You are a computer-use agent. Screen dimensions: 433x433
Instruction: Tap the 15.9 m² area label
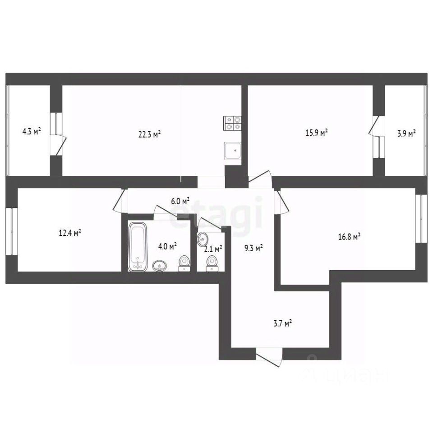click(x=317, y=133)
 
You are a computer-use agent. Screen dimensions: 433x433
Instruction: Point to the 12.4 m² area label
click(x=70, y=233)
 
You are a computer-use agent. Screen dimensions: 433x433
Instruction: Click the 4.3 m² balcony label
click(x=32, y=132)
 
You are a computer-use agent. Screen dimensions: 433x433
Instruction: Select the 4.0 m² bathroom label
click(x=167, y=246)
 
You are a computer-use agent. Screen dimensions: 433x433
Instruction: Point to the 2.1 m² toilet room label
click(x=213, y=249)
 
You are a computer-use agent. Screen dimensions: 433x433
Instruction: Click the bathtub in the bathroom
click(x=138, y=246)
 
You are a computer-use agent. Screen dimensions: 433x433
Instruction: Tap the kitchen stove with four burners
click(x=232, y=123)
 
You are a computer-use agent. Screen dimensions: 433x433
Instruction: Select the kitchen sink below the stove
click(x=233, y=150)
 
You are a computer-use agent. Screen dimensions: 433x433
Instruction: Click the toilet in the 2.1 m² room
click(x=211, y=263)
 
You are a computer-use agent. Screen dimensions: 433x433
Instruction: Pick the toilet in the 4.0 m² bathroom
click(x=184, y=263)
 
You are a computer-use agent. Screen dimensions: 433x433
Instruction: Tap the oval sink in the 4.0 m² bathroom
click(x=159, y=266)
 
